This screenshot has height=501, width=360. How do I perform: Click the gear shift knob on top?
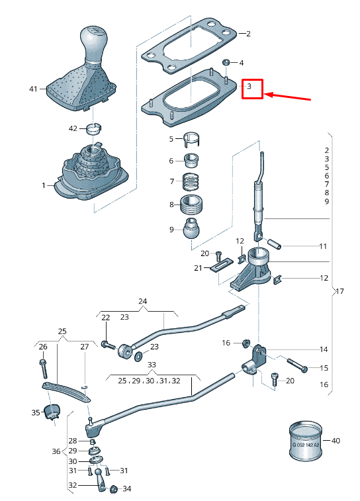(x=93, y=43)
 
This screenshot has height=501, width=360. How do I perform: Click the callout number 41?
(x=34, y=88)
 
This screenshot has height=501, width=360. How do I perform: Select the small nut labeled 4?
(x=226, y=62)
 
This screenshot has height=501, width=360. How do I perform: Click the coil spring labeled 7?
(x=191, y=181)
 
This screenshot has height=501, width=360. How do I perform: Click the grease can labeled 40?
(x=306, y=439)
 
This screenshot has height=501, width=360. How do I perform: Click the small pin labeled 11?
(x=276, y=244)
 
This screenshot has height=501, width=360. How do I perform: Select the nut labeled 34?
(x=112, y=489)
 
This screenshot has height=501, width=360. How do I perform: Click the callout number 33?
(x=152, y=365)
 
